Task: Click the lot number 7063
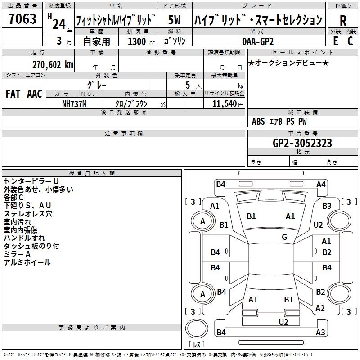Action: [22, 19]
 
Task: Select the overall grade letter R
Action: [343, 20]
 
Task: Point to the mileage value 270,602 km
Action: [53, 64]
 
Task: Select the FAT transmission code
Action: [13, 94]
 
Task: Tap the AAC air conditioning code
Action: [34, 94]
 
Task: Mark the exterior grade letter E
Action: [335, 41]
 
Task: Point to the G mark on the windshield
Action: [284, 237]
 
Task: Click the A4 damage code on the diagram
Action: [321, 184]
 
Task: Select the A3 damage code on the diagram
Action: [320, 333]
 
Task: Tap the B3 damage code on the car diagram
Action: [327, 206]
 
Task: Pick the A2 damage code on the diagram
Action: [320, 308]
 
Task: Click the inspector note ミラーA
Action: [17, 254]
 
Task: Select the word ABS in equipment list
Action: [258, 121]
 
